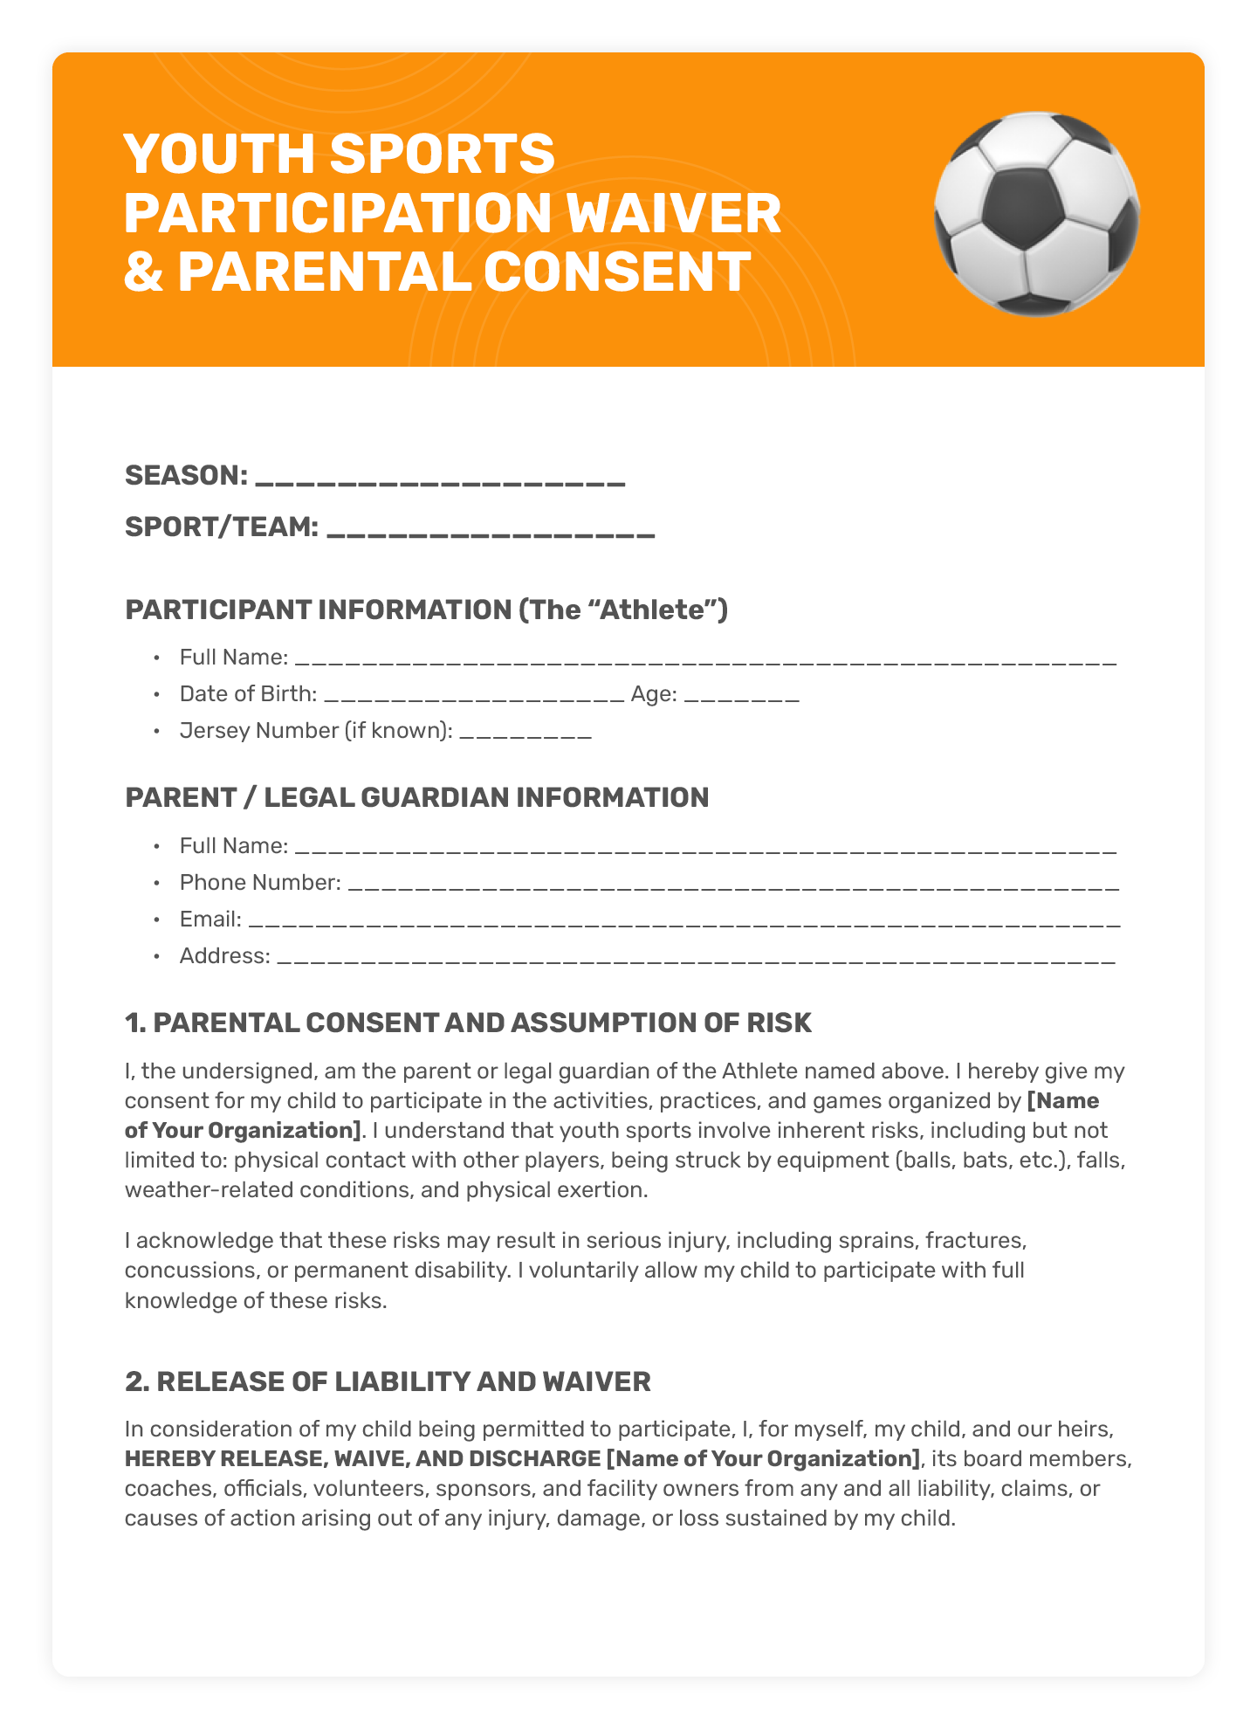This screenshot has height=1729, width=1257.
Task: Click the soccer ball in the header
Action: click(1036, 214)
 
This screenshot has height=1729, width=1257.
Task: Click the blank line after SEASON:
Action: click(443, 479)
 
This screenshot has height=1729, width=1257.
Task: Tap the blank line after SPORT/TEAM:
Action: click(491, 530)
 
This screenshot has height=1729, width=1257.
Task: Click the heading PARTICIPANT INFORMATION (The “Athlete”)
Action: click(426, 610)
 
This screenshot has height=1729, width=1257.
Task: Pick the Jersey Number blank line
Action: click(525, 733)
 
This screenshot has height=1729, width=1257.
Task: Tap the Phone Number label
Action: click(259, 883)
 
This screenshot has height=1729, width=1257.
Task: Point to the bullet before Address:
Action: click(156, 957)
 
